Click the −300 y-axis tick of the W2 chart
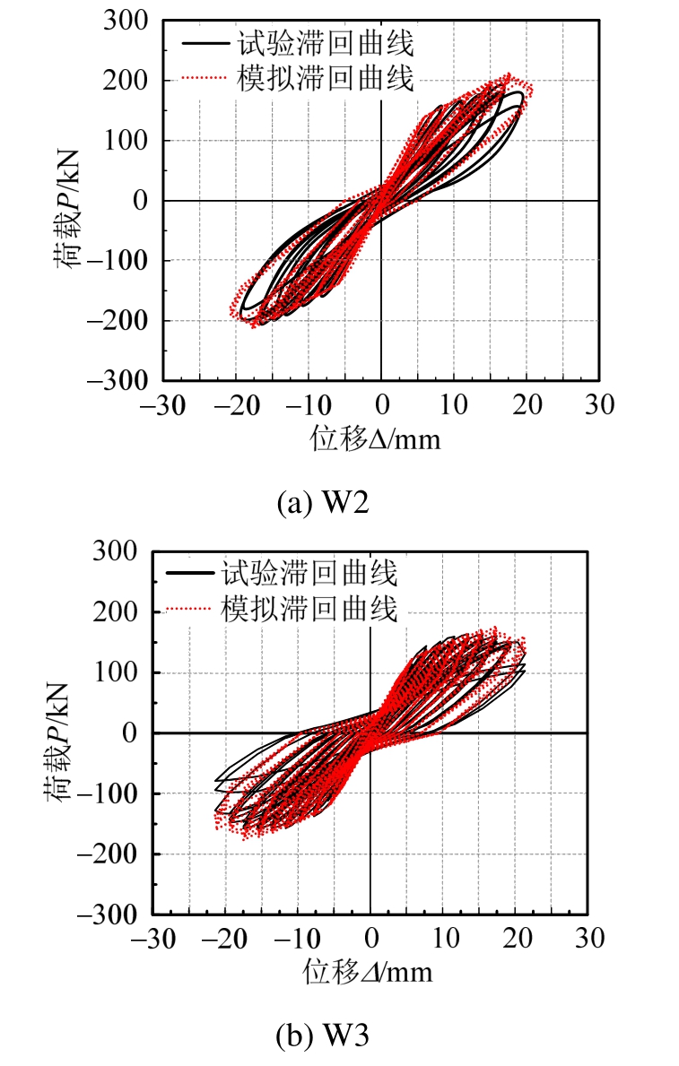(x=120, y=381)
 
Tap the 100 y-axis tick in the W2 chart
(x=129, y=141)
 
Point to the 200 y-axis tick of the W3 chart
(x=117, y=612)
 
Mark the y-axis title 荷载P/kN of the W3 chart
(x=58, y=732)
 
